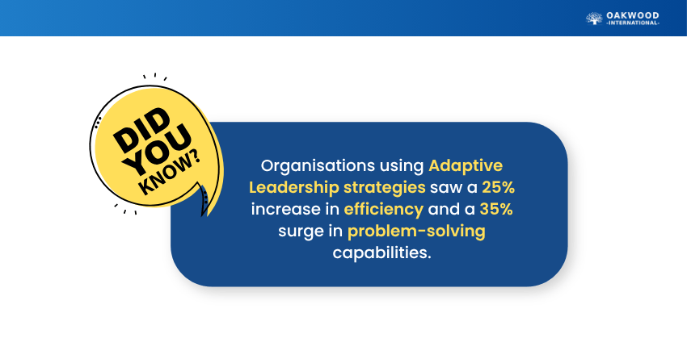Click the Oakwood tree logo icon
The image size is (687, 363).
click(594, 19)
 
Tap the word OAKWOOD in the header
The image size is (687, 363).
click(633, 16)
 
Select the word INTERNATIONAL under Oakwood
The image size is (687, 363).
click(633, 23)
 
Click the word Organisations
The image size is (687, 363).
click(318, 165)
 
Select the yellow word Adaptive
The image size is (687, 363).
click(466, 165)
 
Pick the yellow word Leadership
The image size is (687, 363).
click(293, 188)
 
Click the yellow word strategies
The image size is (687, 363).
click(384, 188)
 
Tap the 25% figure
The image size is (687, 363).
click(498, 188)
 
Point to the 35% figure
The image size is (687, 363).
click(496, 209)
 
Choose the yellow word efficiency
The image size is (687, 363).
click(383, 210)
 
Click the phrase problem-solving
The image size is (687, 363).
click(416, 232)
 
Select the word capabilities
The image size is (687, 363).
click(381, 252)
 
